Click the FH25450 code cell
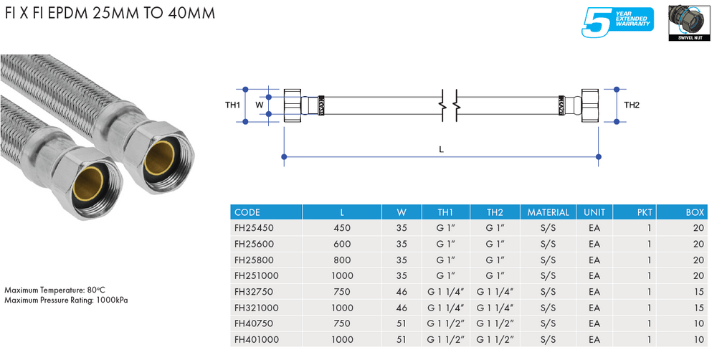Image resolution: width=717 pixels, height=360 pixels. (x=255, y=228)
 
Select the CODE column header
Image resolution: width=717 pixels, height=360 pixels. (x=247, y=212)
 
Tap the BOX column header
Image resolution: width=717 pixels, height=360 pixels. (x=694, y=212)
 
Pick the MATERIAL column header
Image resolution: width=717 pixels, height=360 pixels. (x=548, y=212)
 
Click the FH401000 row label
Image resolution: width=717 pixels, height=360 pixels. (x=257, y=338)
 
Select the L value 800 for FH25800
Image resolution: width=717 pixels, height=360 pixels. (x=342, y=260)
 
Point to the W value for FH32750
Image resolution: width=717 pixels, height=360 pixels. (x=402, y=291)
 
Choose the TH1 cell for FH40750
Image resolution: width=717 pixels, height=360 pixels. (x=445, y=323)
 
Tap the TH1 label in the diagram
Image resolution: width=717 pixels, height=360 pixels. (x=232, y=105)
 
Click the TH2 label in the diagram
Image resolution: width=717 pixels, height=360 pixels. (x=631, y=105)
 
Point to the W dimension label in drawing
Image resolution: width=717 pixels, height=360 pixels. (x=260, y=105)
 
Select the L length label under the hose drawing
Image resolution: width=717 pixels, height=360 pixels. (x=441, y=149)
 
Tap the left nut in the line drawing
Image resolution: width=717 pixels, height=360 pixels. (x=293, y=105)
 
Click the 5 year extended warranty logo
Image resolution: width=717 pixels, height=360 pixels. (x=618, y=22)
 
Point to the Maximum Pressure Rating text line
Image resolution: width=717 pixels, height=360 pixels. (x=66, y=300)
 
